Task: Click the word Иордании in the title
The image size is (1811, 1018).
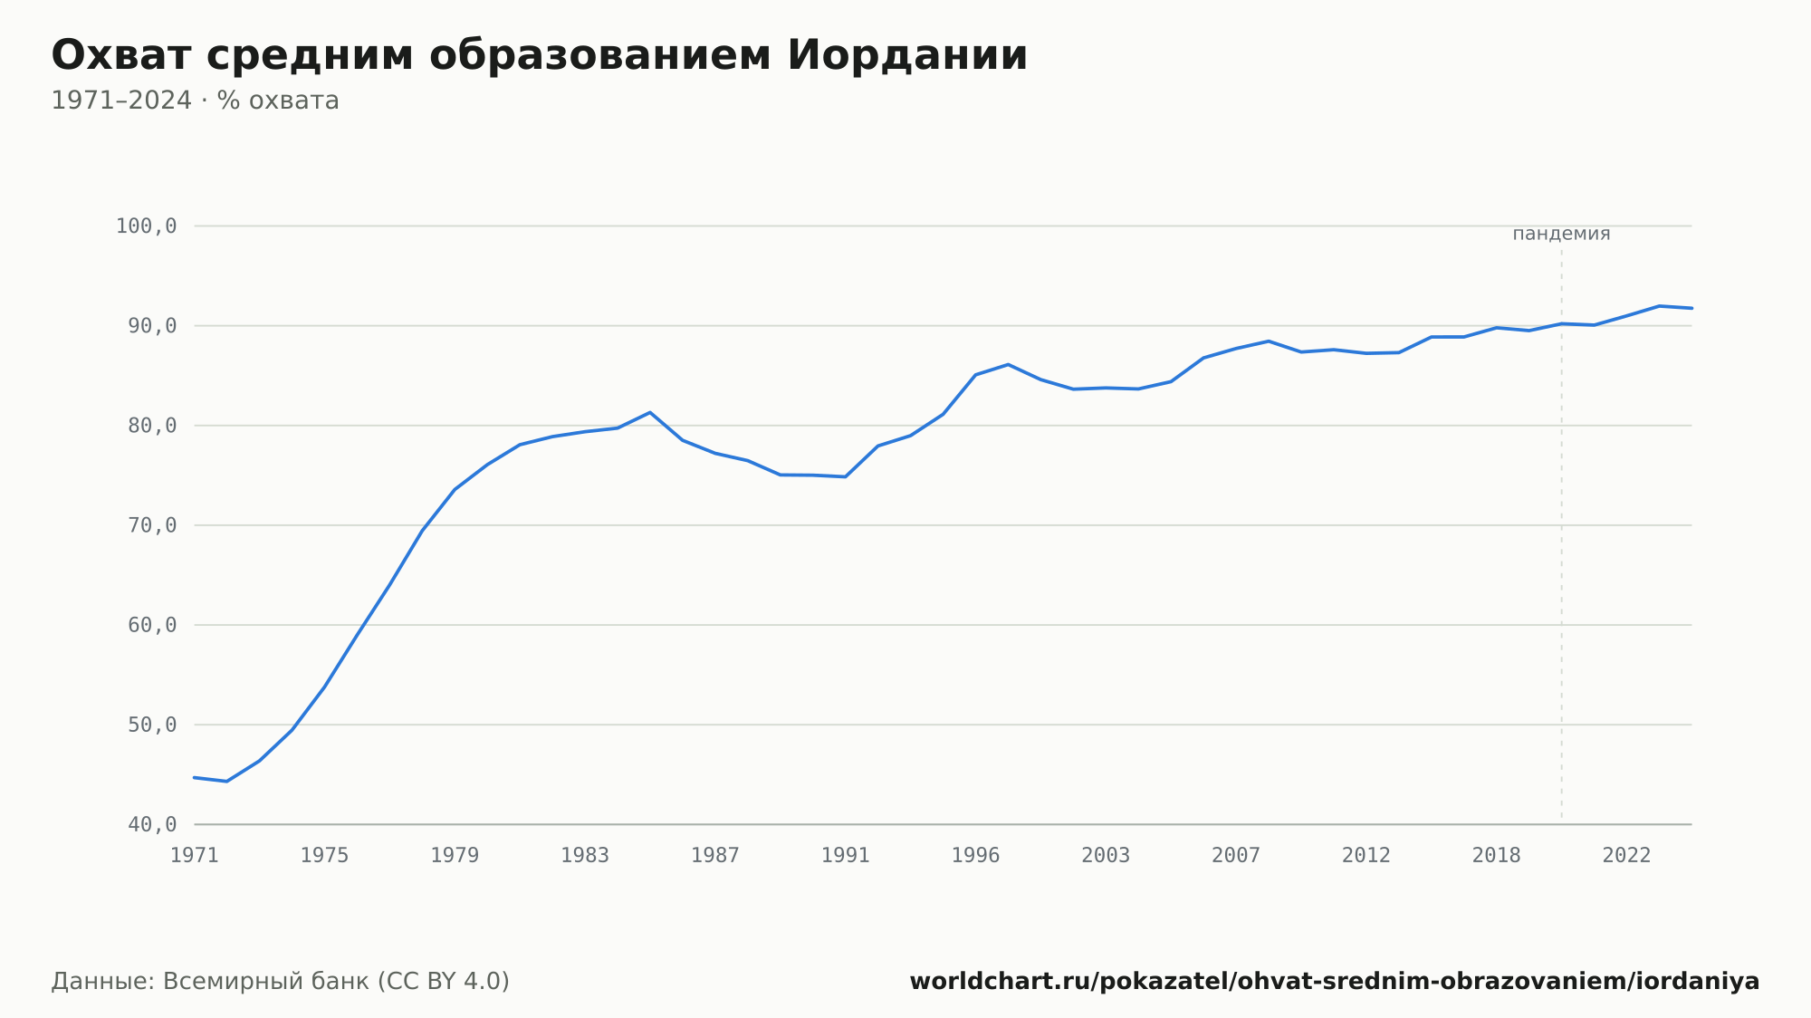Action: tap(907, 55)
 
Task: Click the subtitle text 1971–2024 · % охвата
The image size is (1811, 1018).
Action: tap(195, 101)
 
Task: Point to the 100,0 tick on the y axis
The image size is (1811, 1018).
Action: tap(146, 226)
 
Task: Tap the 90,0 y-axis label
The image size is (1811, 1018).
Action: tap(152, 326)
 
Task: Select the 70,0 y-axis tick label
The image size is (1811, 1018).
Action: tap(152, 525)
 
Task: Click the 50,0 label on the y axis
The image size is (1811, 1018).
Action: tap(152, 725)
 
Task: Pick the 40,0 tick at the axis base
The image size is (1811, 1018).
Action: tap(152, 824)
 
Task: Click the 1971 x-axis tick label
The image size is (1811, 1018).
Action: tap(195, 856)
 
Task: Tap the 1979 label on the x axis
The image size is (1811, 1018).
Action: tap(455, 856)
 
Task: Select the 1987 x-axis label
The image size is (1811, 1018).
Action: tap(715, 856)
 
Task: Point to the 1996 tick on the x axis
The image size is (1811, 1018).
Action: tap(975, 856)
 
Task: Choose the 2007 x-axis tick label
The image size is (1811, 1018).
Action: tap(1236, 856)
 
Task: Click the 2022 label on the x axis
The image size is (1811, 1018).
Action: tap(1627, 856)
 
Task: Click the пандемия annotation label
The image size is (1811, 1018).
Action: tap(1561, 234)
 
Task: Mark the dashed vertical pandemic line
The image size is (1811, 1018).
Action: tap(1561, 534)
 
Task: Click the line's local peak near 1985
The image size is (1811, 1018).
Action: tap(650, 412)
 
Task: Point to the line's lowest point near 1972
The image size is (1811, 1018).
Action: tap(226, 781)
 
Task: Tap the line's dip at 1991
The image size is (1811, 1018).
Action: tap(845, 476)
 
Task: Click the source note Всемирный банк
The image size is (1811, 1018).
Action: tap(266, 982)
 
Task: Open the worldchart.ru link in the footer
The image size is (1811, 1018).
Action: tap(1335, 982)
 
